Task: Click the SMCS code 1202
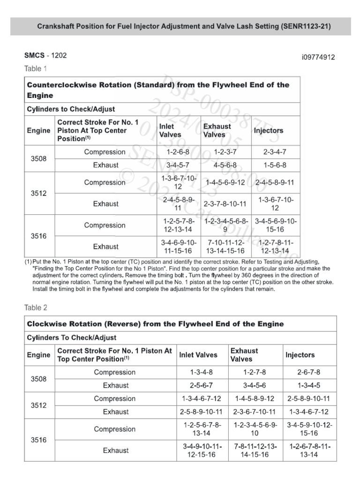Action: (59, 55)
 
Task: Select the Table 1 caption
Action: (36, 69)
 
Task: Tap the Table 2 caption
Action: (36, 308)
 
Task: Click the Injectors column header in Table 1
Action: (269, 131)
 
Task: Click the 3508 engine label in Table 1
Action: (39, 158)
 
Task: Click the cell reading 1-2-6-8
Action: (178, 152)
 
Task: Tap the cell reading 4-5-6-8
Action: (225, 165)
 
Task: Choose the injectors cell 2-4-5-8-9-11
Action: (275, 182)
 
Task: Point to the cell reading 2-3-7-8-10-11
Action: (225, 204)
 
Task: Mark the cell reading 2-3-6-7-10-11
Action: (255, 412)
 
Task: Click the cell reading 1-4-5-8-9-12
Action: (255, 398)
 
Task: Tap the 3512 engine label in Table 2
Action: (39, 405)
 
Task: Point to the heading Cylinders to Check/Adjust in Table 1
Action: (71, 109)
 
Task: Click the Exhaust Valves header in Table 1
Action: (217, 130)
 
